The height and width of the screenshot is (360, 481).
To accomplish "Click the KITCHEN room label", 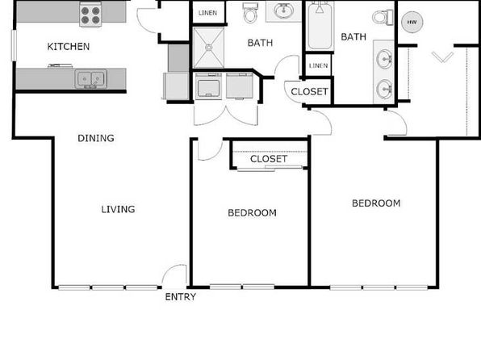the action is [x=69, y=47].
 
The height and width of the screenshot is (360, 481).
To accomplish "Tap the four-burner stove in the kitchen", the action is [x=90, y=14].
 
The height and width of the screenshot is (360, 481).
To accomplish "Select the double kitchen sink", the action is [x=91, y=79].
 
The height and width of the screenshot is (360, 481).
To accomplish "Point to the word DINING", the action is [x=96, y=138].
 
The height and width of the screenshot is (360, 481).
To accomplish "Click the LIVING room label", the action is [x=118, y=209].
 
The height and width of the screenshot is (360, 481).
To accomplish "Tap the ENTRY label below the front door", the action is [x=181, y=297].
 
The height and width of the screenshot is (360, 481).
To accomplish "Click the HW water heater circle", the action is [x=412, y=22].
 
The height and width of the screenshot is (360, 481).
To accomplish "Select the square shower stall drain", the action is [x=208, y=48].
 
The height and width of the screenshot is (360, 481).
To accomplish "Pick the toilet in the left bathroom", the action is [x=250, y=13].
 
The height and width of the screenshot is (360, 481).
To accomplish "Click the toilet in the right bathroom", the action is [x=383, y=17].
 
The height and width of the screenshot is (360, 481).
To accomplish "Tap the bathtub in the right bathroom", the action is [x=320, y=26].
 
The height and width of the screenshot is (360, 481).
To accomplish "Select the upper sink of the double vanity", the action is [x=384, y=57].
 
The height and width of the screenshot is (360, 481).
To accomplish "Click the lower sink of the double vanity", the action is [x=384, y=89].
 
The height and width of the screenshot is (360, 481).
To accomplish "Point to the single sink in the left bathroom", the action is [x=283, y=11].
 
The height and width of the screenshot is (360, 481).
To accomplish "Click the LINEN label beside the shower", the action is [x=207, y=13].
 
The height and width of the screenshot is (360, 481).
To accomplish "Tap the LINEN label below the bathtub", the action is [x=319, y=65].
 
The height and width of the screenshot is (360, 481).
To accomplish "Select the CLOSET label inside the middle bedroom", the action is [x=269, y=159].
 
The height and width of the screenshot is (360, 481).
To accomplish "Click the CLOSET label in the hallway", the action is [x=309, y=92].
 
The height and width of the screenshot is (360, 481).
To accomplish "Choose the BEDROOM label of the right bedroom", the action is [x=376, y=203].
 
